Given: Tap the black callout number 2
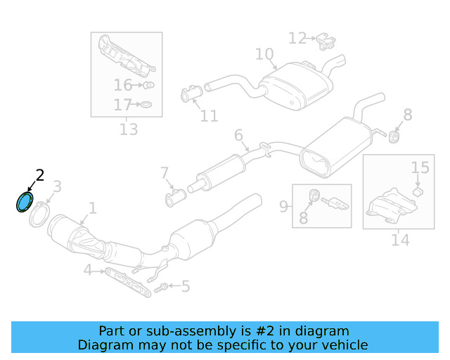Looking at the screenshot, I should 40,176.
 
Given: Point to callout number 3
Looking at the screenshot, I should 57,186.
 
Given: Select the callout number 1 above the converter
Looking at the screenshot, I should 91,208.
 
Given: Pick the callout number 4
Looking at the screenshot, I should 87,270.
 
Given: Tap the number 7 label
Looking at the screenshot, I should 165,173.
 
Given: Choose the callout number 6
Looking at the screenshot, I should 238,135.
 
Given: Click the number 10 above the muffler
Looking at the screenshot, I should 264,54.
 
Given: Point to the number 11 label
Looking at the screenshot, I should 209,116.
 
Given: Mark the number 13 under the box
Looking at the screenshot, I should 128,129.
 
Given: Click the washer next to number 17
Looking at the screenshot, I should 146,105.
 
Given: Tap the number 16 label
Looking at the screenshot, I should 122,86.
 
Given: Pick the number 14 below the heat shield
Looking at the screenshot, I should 399,240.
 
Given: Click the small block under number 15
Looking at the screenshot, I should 416,190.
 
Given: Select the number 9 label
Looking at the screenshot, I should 284,206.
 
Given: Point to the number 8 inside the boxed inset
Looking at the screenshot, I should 303,218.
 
